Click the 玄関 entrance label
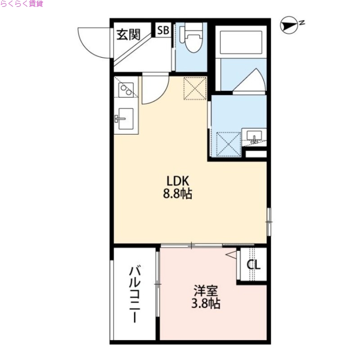(x=128, y=34)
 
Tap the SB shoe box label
(x=163, y=31)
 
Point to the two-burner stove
(x=126, y=90)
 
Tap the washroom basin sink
(x=255, y=136)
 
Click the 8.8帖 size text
(x=180, y=194)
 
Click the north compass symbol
(x=289, y=26)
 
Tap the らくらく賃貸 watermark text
(x=22, y=4)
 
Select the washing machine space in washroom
(x=227, y=143)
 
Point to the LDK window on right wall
(x=269, y=221)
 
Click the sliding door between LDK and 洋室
(x=191, y=245)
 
